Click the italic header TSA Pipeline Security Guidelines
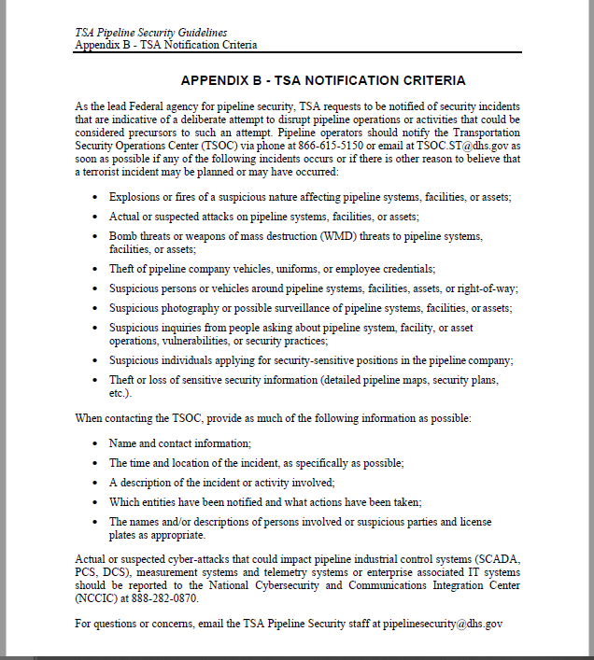[x=151, y=33]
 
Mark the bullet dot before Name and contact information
[x=97, y=444]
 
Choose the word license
[x=474, y=522]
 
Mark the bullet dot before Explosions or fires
[x=97, y=198]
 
